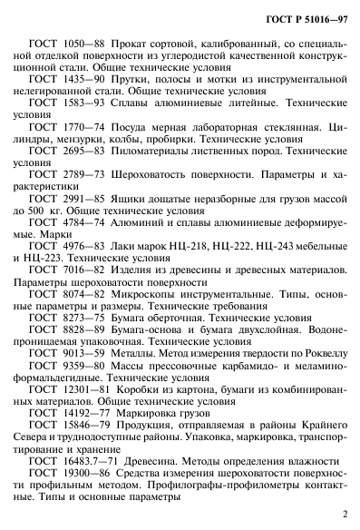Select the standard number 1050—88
tap(85, 44)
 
